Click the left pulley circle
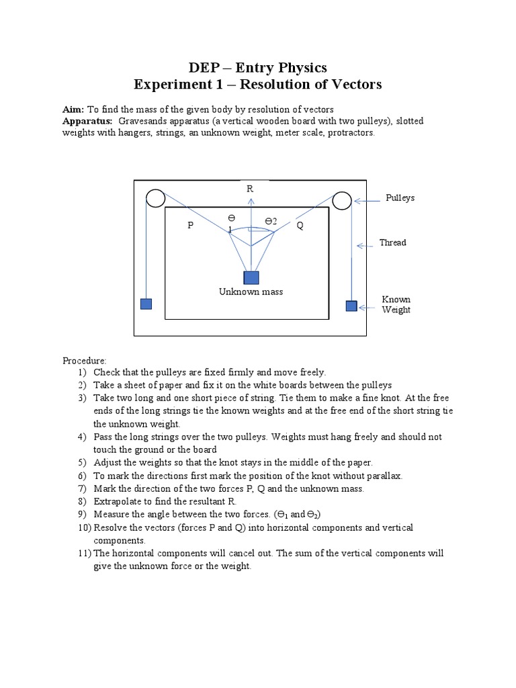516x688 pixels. pyautogui.click(x=155, y=198)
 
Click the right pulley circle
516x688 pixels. pyautogui.click(x=341, y=200)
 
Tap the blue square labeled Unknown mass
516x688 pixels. pyautogui.click(x=251, y=277)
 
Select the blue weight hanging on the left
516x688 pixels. pyautogui.click(x=146, y=304)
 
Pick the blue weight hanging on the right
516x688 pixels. pyautogui.click(x=351, y=306)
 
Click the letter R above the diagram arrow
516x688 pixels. pyautogui.click(x=250, y=189)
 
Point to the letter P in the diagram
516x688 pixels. pyautogui.click(x=190, y=226)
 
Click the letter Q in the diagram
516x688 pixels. pyautogui.click(x=300, y=226)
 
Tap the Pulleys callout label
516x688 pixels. pyautogui.click(x=400, y=198)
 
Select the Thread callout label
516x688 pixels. pyautogui.click(x=392, y=243)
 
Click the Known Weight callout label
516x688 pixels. pyautogui.click(x=396, y=304)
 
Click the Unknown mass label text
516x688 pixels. pyautogui.click(x=251, y=292)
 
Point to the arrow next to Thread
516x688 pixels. pyautogui.click(x=366, y=245)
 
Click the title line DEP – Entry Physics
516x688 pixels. pyautogui.click(x=257, y=67)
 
